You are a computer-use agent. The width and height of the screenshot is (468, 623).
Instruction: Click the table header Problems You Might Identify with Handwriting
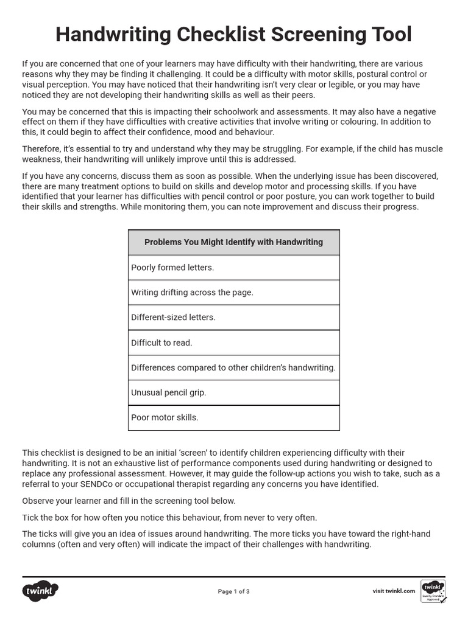pyautogui.click(x=233, y=242)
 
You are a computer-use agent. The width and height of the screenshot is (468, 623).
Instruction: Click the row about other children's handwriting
pyautogui.click(x=233, y=367)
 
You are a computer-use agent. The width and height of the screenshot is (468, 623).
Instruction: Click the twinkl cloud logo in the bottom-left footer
pyautogui.click(x=40, y=591)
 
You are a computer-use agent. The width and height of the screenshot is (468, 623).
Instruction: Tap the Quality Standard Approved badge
pyautogui.click(x=433, y=591)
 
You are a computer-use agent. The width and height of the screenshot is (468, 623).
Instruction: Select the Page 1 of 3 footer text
pyautogui.click(x=233, y=591)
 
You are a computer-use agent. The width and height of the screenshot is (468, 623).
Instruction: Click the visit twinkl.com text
pyautogui.click(x=394, y=591)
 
